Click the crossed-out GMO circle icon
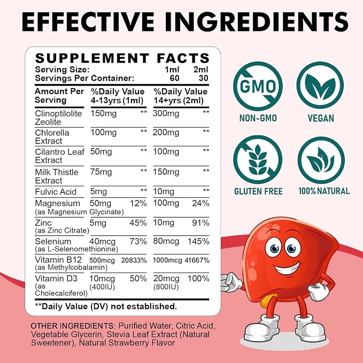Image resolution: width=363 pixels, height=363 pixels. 258,86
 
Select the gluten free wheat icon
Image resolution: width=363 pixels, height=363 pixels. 258,160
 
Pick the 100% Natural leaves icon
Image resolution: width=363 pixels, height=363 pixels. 321,160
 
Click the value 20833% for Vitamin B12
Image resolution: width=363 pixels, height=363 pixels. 134,260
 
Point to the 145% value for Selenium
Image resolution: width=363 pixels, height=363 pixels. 198,242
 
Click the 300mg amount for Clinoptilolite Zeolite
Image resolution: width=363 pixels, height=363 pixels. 166,114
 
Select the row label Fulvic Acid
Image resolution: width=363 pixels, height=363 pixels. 56,192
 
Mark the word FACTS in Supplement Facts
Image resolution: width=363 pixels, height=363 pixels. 183,58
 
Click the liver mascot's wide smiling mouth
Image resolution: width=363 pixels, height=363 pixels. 287,268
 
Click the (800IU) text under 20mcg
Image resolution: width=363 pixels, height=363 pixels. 166,287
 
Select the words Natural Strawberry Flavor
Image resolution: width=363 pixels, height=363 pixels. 127,343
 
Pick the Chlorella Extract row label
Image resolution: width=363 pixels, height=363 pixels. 52,137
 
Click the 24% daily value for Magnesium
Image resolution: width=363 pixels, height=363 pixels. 200,203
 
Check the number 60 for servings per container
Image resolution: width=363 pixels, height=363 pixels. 175,78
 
